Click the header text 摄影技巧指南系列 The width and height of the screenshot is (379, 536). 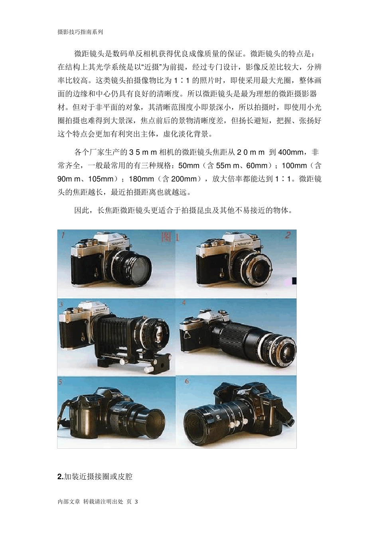pos(80,32)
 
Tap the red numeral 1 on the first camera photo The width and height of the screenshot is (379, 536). pos(63,235)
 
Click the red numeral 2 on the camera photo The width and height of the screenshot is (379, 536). pos(288,235)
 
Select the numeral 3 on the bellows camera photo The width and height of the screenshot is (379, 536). pos(61,304)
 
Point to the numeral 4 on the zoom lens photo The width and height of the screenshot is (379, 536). pos(184,303)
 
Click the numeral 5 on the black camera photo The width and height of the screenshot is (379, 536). pos(60,382)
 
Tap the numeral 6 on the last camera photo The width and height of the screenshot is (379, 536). pos(187,381)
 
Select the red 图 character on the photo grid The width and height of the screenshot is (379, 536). pos(167,237)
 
